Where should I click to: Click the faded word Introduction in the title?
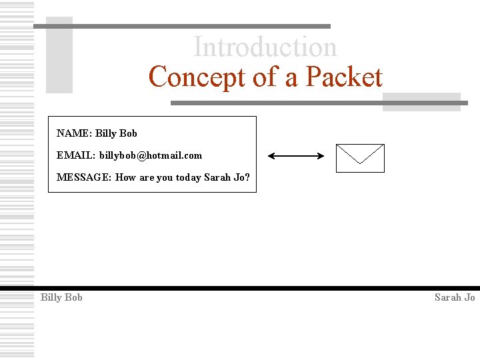(265, 47)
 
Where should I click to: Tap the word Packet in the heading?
(344, 77)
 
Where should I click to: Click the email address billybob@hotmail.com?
(151, 155)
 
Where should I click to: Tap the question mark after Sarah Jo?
(247, 177)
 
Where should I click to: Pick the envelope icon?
(360, 158)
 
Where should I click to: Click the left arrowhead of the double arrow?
(271, 157)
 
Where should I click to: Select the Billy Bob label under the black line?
(61, 297)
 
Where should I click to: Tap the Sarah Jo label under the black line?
(455, 297)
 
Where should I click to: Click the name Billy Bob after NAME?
(116, 133)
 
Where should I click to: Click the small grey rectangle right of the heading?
(421, 101)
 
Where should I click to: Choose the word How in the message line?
(125, 177)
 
